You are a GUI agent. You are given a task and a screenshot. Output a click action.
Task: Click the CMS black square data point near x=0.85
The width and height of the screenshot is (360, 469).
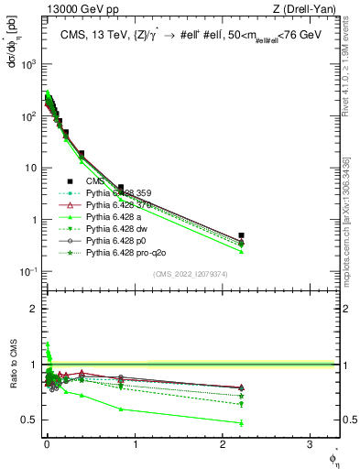[121, 187]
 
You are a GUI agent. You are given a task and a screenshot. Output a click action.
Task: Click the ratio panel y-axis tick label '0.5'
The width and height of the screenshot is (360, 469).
[30, 420]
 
